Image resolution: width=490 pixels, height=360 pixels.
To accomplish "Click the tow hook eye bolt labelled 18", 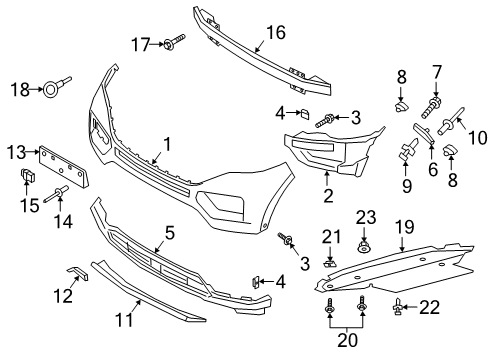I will tap(50, 92).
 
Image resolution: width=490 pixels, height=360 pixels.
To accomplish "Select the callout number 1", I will tap(167, 145).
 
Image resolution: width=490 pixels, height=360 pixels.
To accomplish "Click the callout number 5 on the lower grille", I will tap(170, 233).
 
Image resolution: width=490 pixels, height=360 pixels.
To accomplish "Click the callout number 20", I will tap(346, 341).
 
